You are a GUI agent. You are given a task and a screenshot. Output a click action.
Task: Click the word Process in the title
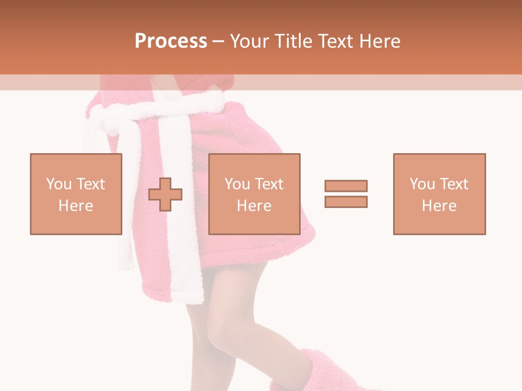pyautogui.click(x=171, y=41)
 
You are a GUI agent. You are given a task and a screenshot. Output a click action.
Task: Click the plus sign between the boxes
pyautogui.click(x=165, y=194)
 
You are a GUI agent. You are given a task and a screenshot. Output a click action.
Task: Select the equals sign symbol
pyautogui.click(x=346, y=194)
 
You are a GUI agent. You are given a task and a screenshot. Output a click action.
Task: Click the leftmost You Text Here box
pyautogui.click(x=76, y=194)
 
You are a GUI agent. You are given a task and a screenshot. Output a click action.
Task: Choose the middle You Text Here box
pyautogui.click(x=254, y=194)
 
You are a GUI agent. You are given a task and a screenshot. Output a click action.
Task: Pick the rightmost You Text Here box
pyautogui.click(x=439, y=194)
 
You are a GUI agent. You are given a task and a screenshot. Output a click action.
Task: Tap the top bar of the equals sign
pyautogui.click(x=346, y=186)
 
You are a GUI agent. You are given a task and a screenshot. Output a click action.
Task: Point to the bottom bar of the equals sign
pyautogui.click(x=346, y=201)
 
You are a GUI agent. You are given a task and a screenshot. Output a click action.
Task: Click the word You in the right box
pyautogui.click(x=422, y=184)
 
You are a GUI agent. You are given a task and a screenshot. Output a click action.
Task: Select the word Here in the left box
pyautogui.click(x=76, y=206)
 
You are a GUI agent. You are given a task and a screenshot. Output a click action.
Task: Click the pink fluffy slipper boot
pyautogui.click(x=321, y=369)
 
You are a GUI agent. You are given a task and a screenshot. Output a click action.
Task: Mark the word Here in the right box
pyautogui.click(x=439, y=206)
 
